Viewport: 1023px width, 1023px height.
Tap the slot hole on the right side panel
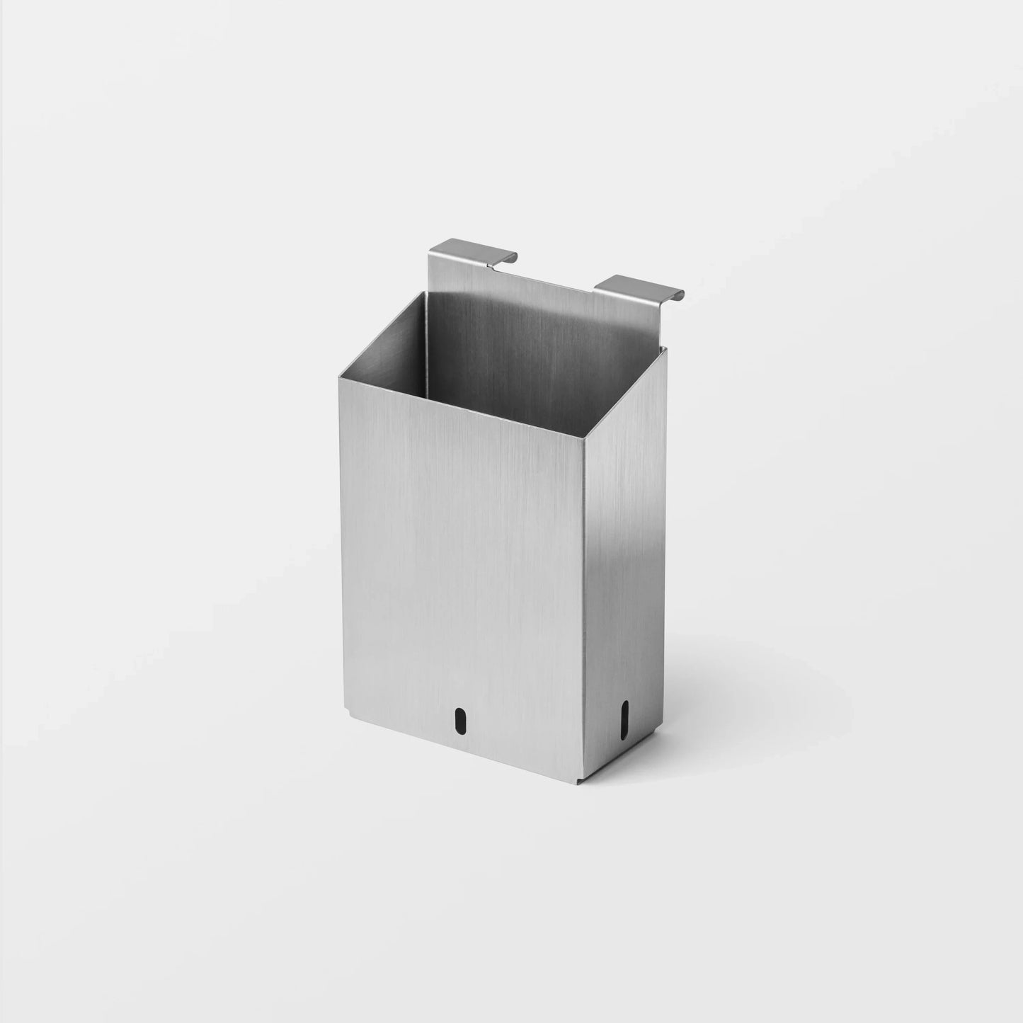[624, 715]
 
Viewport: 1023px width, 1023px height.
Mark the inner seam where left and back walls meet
[428, 333]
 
